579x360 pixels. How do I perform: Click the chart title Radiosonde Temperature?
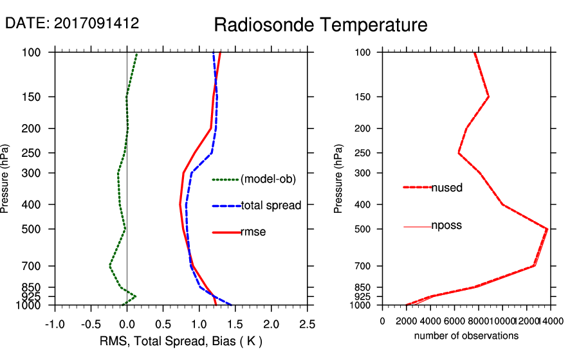(320, 25)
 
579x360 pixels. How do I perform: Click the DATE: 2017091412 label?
(72, 23)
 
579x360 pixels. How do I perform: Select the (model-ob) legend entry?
(268, 179)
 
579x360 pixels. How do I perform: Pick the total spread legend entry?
(271, 206)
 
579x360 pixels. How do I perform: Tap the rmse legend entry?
(253, 232)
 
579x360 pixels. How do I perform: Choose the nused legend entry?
(446, 188)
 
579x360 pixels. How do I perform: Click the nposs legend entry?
(446, 226)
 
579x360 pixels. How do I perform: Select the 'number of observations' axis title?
(466, 336)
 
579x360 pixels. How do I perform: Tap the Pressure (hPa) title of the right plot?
(338, 179)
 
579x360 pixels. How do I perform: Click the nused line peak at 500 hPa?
(547, 228)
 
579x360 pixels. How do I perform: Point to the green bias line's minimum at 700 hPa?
(110, 265)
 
